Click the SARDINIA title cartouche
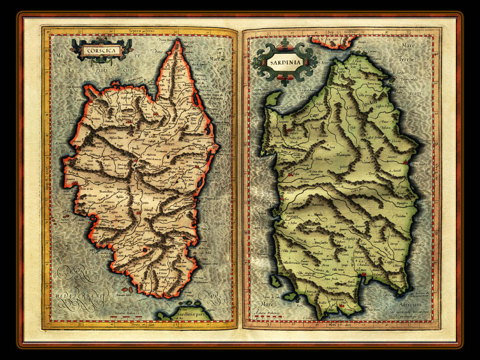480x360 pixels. pos(284,63)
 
